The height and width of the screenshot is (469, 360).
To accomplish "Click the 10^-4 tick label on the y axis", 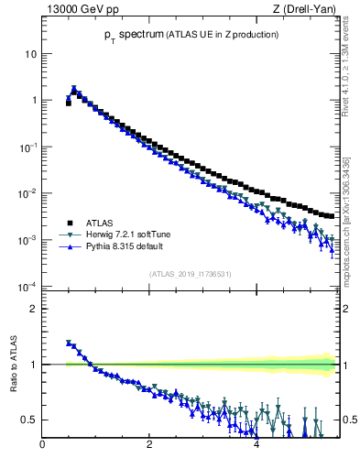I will click(27, 287).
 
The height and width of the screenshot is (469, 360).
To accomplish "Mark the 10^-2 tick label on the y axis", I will click(27, 193).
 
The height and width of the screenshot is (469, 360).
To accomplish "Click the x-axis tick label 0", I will click(42, 445).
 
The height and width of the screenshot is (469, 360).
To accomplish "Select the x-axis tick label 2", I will click(149, 445).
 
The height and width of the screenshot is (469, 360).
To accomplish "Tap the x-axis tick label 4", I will click(256, 445).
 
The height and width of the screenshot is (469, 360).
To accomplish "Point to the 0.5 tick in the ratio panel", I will click(29, 420).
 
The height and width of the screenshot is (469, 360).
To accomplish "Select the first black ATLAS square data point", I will click(69, 104).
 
